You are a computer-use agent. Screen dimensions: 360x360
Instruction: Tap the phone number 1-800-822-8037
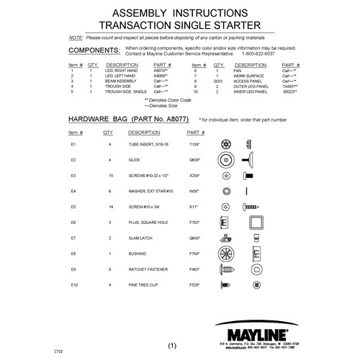tap(256, 55)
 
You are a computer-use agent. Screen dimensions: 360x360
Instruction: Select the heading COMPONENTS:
tap(93, 52)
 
